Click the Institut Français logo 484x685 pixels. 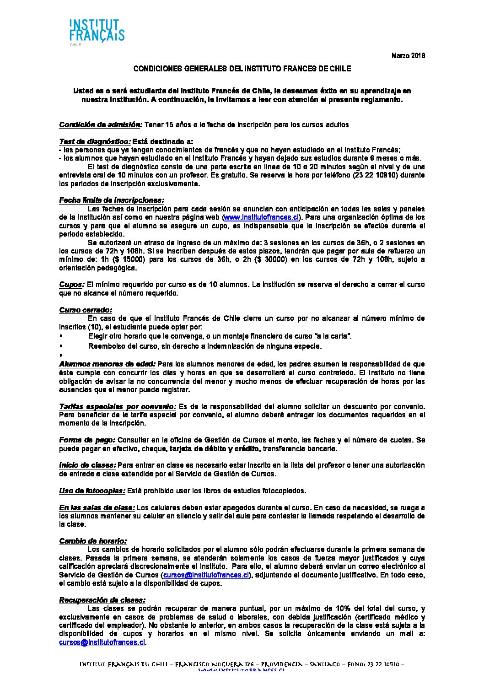click(x=97, y=32)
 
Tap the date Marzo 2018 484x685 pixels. click(x=408, y=56)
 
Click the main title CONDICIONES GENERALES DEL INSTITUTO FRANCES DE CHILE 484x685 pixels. click(x=242, y=69)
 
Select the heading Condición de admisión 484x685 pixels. click(x=101, y=124)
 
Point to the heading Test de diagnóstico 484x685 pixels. click(x=95, y=141)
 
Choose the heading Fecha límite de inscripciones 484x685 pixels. click(x=111, y=200)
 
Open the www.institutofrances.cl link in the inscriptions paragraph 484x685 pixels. click(x=261, y=217)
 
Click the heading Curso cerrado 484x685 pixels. click(x=86, y=310)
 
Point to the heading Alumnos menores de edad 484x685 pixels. click(x=107, y=364)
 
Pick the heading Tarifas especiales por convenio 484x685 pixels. click(x=118, y=406)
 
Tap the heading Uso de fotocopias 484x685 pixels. click(x=92, y=491)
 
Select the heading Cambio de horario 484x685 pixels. click(x=93, y=541)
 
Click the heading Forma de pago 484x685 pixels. click(x=87, y=440)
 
